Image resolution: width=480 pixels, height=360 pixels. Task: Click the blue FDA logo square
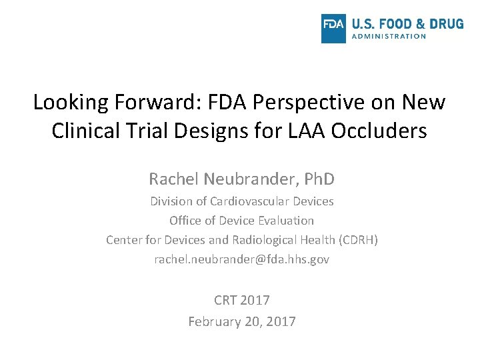coord(333,29)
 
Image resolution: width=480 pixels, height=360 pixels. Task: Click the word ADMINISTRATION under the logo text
coord(389,37)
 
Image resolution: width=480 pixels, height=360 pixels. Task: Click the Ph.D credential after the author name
coord(319,179)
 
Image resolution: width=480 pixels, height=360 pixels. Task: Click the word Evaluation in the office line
coord(287,220)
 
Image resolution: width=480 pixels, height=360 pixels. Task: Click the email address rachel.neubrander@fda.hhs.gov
coord(241,259)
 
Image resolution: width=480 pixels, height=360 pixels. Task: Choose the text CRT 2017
coord(241,300)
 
